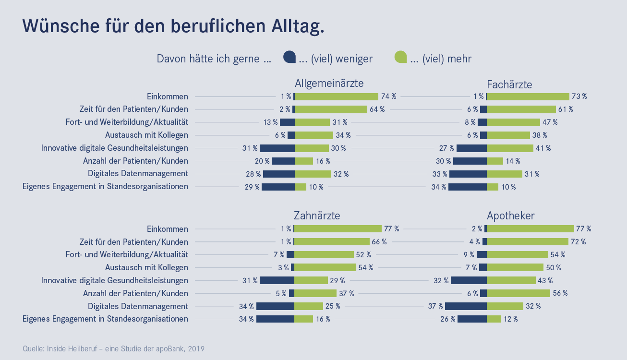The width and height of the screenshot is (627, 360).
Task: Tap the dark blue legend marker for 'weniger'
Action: [289, 57]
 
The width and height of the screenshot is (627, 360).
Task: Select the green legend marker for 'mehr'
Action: [400, 57]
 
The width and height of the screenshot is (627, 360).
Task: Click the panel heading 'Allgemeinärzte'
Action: [329, 83]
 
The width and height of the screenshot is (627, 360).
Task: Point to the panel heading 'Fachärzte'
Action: [509, 84]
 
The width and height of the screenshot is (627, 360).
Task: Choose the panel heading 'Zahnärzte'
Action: [317, 216]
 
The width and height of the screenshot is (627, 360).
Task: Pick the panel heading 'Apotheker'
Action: [510, 216]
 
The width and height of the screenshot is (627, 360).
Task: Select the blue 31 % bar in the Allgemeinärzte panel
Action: [277, 148]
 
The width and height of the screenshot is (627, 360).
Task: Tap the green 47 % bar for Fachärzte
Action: [513, 122]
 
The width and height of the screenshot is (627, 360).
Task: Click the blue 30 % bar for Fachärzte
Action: [470, 161]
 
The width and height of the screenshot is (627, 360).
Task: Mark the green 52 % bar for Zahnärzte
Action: [324, 255]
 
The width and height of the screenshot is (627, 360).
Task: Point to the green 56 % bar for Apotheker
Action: [518, 293]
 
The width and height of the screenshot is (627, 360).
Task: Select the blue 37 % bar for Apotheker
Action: [466, 306]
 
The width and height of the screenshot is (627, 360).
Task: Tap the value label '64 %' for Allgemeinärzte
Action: [377, 109]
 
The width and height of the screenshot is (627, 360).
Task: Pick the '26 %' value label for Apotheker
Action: [447, 319]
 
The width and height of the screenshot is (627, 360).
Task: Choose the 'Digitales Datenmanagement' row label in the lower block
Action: [138, 306]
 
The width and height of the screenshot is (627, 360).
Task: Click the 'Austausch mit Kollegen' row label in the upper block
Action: [146, 135]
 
